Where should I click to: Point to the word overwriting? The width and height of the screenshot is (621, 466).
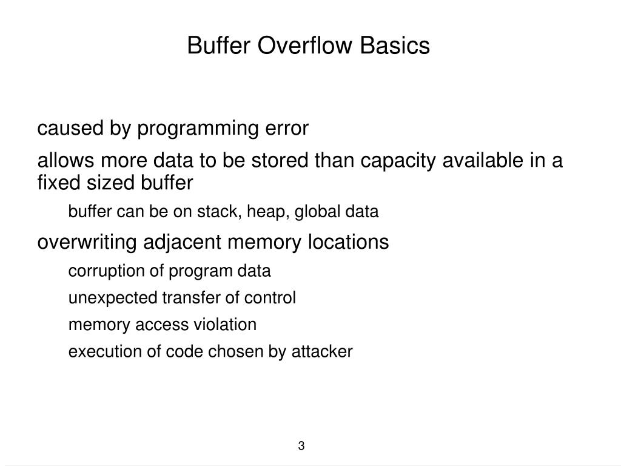(88, 243)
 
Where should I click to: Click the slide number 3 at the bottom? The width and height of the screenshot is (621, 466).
(301, 447)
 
